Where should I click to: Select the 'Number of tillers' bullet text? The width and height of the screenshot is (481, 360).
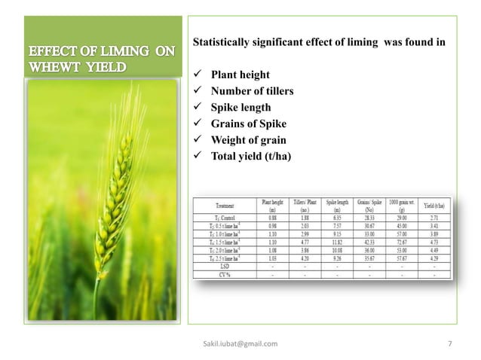(252, 92)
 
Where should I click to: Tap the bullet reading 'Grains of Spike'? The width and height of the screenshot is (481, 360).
(248, 124)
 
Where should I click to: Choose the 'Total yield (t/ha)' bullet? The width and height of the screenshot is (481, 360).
(250, 156)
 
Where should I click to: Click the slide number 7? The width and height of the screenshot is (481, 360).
(449, 344)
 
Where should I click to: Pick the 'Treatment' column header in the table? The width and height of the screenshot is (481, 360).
(223, 203)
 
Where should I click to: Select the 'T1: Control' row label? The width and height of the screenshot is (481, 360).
(223, 217)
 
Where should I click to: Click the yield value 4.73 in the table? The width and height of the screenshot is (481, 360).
(433, 242)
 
